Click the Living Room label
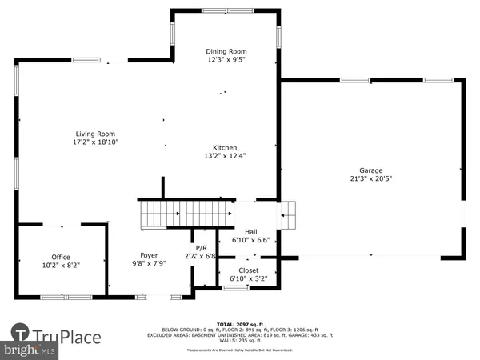tap(95, 134)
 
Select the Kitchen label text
tap(223, 147)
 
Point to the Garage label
tap(370, 170)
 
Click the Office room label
tap(61, 256)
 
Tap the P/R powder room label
tap(201, 248)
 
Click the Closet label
tap(248, 270)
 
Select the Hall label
tap(250, 230)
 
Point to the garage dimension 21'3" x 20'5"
tap(370, 179)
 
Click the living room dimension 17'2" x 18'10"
tap(95, 142)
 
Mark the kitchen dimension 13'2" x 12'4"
tap(223, 156)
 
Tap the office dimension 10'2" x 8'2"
tap(61, 265)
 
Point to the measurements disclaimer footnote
tap(240, 350)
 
